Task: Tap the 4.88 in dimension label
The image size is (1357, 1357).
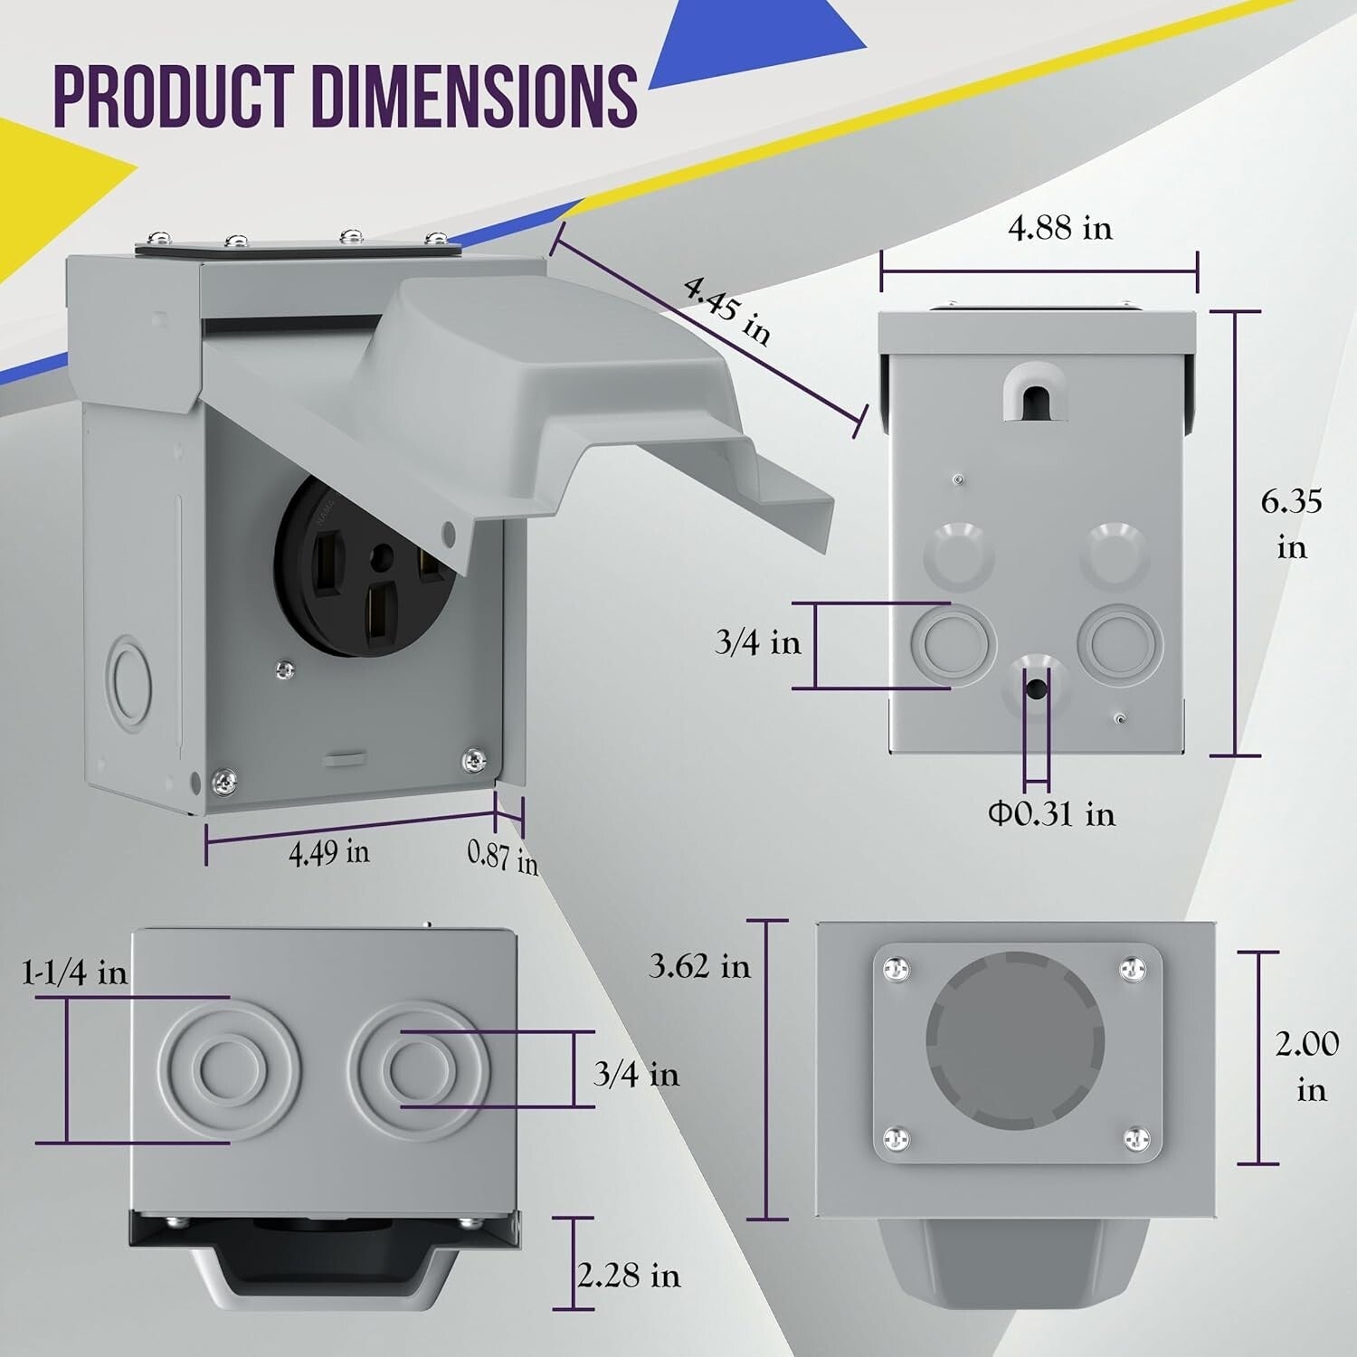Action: click(x=1060, y=228)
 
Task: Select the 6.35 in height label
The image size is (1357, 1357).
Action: click(x=1292, y=524)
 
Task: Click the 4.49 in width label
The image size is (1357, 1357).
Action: click(x=328, y=852)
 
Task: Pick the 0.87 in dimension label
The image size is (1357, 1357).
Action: click(x=503, y=857)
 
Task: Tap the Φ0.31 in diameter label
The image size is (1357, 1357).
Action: click(x=1051, y=814)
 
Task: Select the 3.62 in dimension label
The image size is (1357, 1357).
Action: click(x=700, y=966)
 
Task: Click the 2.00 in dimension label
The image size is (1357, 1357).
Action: click(x=1307, y=1067)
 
